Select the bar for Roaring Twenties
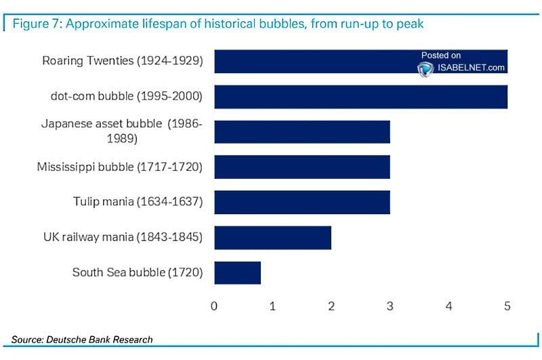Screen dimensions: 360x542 312,61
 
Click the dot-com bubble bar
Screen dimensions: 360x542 360,96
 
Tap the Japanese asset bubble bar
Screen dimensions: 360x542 302,132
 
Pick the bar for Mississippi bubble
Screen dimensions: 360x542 302,166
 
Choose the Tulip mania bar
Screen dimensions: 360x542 302,201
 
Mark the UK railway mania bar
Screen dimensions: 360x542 273,237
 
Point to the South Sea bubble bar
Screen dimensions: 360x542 238,273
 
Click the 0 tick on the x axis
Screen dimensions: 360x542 214,306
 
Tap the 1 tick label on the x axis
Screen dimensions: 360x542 272,306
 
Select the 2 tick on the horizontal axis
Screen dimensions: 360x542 331,306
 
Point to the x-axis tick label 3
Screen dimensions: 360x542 390,306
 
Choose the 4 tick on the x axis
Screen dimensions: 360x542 449,306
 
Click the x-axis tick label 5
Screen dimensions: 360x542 507,306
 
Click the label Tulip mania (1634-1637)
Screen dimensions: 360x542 138,201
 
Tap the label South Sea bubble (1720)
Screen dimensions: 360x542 138,273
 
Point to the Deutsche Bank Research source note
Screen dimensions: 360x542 82,339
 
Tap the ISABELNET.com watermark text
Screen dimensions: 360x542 472,67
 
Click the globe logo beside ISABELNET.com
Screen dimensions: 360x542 425,68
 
